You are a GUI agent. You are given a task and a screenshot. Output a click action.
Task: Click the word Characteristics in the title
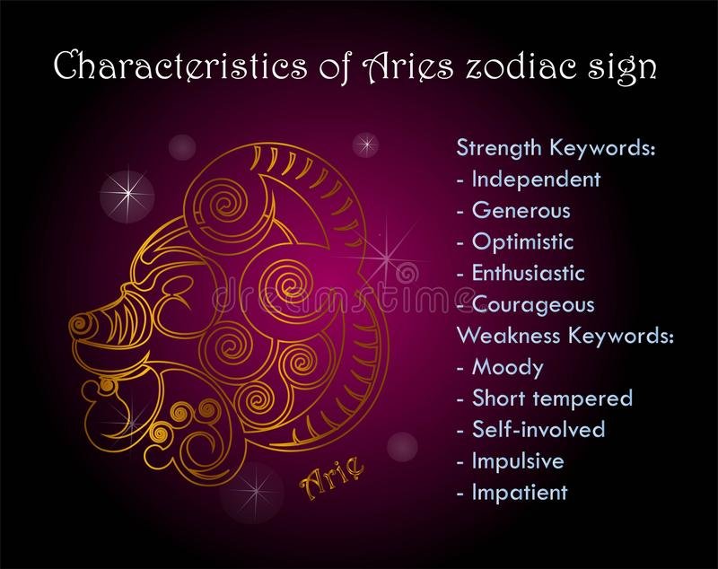(181, 65)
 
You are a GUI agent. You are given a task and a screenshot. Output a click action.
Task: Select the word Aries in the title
(407, 65)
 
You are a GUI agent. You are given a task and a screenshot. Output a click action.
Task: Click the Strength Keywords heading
(556, 148)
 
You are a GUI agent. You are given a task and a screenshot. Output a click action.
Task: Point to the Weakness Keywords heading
(565, 336)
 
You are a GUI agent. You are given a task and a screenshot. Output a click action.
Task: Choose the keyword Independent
(536, 179)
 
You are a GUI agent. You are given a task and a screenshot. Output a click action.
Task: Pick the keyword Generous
(521, 211)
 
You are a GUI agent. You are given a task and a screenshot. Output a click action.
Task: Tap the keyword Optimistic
(522, 241)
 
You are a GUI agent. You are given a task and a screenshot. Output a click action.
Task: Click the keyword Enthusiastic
(529, 273)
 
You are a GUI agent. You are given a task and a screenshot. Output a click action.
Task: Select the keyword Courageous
(533, 305)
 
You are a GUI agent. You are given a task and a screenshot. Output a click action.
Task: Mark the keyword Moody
(508, 368)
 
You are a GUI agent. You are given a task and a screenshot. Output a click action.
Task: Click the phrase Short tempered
(552, 398)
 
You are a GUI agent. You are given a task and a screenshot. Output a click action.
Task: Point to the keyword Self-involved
(538, 429)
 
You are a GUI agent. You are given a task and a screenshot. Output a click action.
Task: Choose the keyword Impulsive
(518, 461)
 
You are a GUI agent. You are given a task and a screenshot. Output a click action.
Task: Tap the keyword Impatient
(520, 492)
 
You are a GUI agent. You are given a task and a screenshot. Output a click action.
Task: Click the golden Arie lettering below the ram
(332, 477)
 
